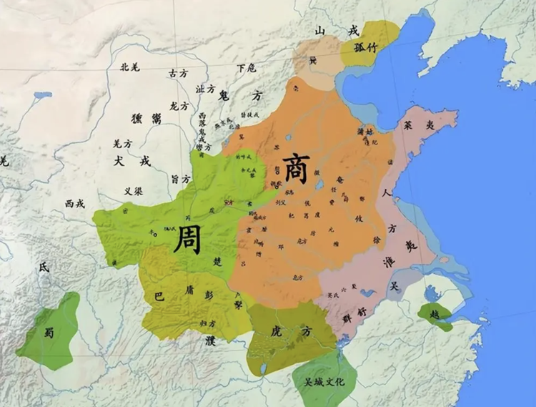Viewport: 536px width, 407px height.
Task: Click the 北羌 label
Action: tap(130, 67)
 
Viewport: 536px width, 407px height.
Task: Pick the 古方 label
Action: tap(177, 73)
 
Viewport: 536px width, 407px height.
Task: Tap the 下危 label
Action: tap(246, 69)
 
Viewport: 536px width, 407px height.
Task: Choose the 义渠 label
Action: tap(133, 191)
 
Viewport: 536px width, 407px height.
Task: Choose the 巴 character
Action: tap(158, 294)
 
